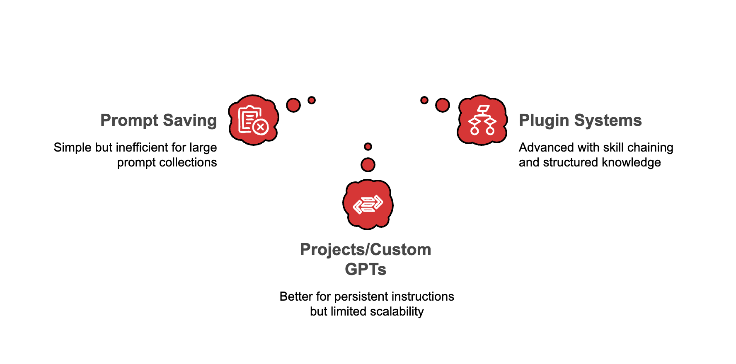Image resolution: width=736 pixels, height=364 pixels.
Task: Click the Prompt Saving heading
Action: [158, 121]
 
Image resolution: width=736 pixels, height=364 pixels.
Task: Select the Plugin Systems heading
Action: [580, 121]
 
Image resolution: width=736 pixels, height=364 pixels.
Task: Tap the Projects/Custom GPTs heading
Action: [366, 259]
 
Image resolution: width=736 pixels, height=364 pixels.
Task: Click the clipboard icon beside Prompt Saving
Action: [253, 120]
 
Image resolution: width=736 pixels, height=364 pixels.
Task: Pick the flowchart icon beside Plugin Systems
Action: [482, 120]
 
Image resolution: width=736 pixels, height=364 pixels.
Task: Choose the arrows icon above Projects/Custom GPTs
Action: [368, 204]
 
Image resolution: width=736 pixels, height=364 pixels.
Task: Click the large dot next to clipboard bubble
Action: [293, 105]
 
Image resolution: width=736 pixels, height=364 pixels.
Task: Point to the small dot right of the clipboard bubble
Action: [312, 100]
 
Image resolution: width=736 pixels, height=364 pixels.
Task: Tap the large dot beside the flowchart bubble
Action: [443, 105]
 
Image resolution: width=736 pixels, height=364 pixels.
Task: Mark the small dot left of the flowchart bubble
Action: [424, 100]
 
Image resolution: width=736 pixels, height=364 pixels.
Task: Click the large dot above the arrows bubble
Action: [368, 165]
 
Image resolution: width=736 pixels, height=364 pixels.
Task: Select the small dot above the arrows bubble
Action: [368, 147]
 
